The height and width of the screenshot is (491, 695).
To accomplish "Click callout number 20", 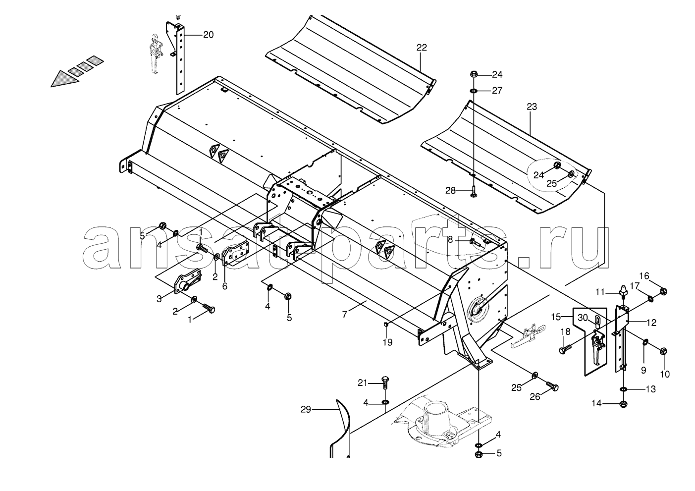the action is tap(208, 35).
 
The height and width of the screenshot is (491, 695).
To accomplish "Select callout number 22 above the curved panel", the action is tap(422, 48).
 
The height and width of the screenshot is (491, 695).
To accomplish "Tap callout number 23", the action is tap(532, 107).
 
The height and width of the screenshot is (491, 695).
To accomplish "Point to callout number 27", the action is tap(497, 91).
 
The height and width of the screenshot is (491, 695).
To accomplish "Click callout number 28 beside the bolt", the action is tap(450, 191).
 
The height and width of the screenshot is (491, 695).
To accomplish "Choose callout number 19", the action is tap(387, 342).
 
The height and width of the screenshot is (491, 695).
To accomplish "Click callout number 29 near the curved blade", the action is tap(306, 410).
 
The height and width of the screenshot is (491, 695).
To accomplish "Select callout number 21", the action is tap(363, 383).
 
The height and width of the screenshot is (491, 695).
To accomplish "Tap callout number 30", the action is tap(583, 318).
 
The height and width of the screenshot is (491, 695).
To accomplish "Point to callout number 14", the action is tap(596, 403).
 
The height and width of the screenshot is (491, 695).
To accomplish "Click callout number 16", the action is tap(644, 276).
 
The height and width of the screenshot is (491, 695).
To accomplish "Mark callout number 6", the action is tap(224, 286).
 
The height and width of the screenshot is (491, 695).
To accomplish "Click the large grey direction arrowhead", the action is tap(65, 79).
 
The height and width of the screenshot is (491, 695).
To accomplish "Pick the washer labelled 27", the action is tap(474, 91).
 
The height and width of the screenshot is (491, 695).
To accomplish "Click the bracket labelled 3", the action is tap(188, 282).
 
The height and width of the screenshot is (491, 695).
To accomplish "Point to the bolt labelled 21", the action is tap(385, 383).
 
